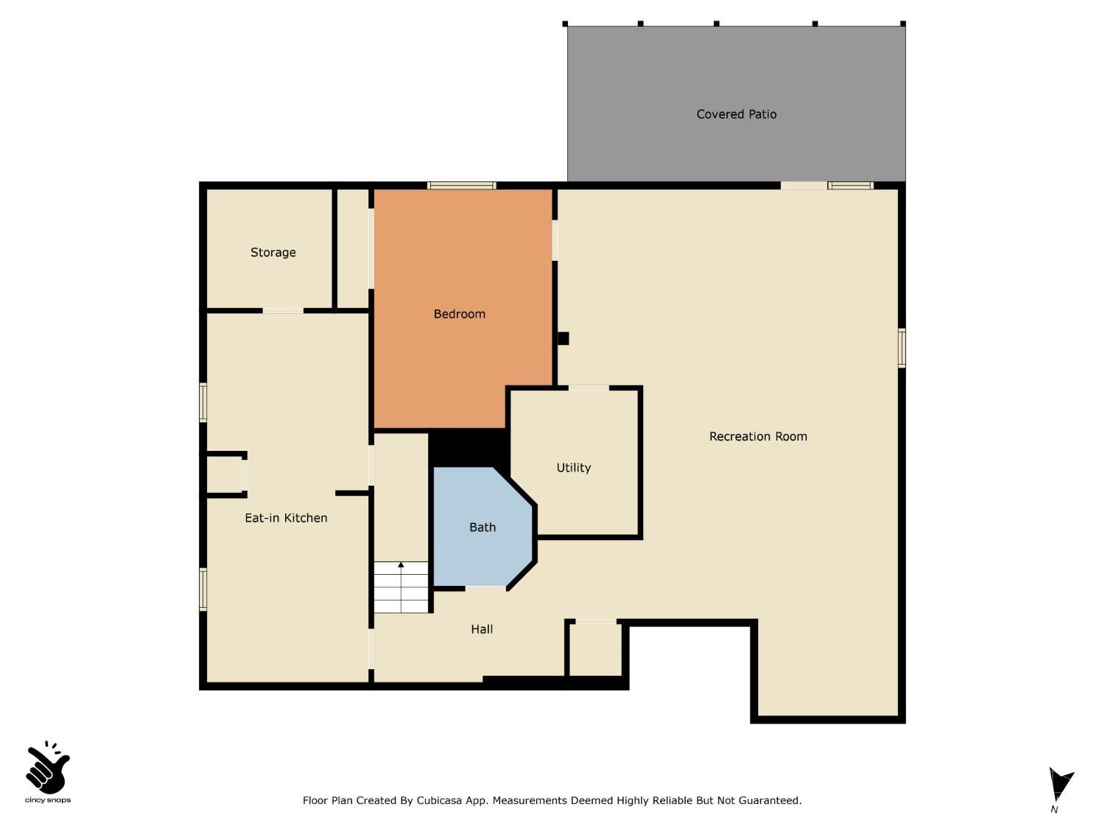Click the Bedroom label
[459, 314]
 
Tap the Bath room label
[483, 527]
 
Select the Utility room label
[573, 467]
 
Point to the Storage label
[273, 252]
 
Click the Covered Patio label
[736, 114]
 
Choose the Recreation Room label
[758, 436]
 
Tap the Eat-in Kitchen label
[286, 518]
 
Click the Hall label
[482, 629]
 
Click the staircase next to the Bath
[401, 587]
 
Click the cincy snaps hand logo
[47, 769]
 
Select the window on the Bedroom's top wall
[462, 186]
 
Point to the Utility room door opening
[589, 388]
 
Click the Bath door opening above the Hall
[485, 588]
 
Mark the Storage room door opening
[283, 311]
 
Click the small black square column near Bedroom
[563, 338]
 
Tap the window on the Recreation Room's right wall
[902, 348]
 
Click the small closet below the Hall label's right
[595, 650]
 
